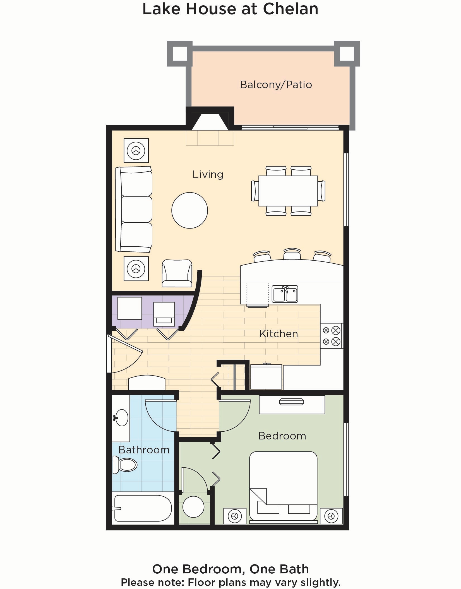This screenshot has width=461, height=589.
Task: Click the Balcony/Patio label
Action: [276, 85]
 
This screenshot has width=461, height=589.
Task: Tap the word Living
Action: [208, 175]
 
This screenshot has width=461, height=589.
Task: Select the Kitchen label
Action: [278, 334]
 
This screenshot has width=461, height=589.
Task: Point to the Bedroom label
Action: [282, 436]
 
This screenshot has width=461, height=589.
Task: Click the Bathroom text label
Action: [144, 450]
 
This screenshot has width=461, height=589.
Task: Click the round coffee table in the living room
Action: [189, 210]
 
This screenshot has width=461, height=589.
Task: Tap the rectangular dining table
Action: [288, 191]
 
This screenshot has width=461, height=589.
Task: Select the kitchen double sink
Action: [285, 294]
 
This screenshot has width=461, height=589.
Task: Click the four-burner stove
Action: [331, 336]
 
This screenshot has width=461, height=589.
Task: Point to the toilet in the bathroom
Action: [125, 465]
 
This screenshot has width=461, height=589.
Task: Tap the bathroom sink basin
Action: [121, 418]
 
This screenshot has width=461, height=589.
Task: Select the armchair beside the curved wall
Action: [177, 273]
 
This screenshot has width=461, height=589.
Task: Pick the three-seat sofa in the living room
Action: [134, 209]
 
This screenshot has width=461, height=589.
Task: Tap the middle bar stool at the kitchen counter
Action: [292, 254]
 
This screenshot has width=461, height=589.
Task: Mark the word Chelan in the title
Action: [290, 9]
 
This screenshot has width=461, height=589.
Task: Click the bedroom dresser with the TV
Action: [292, 405]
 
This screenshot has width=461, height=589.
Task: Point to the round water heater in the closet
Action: [193, 507]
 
